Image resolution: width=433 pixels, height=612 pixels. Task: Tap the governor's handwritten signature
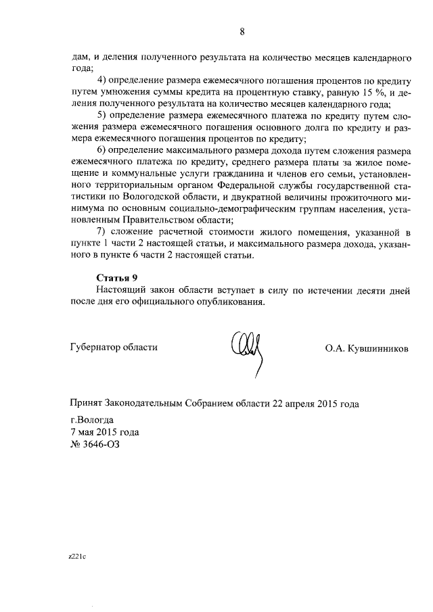(247, 352)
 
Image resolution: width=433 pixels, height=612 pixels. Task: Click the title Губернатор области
(114, 347)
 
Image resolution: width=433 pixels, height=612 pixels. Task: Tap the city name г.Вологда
(94, 419)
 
